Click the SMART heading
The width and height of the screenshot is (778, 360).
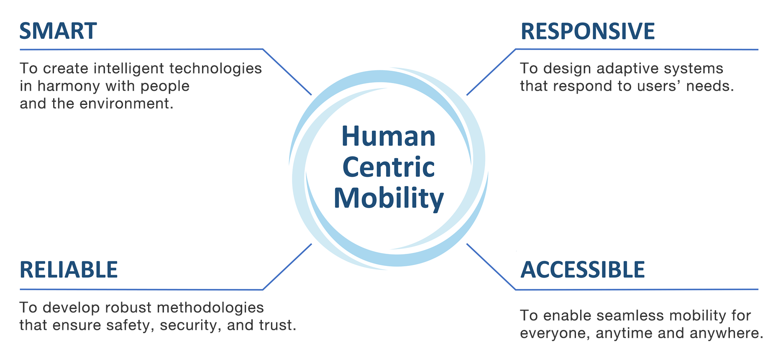point(58,31)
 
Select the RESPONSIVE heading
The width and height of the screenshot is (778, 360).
point(587,31)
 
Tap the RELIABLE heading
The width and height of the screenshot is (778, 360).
point(69,270)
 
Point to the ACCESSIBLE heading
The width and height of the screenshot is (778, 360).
point(582,270)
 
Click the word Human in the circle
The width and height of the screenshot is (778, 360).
point(389,136)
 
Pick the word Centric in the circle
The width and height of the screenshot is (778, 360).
point(389,167)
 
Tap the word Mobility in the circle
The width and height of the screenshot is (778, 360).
point(389,198)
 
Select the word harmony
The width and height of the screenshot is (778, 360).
point(69,86)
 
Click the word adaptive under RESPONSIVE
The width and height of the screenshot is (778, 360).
point(621,69)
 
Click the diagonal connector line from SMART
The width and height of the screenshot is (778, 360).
point(287,72)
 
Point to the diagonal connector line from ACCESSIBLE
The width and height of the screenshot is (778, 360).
point(491,267)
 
